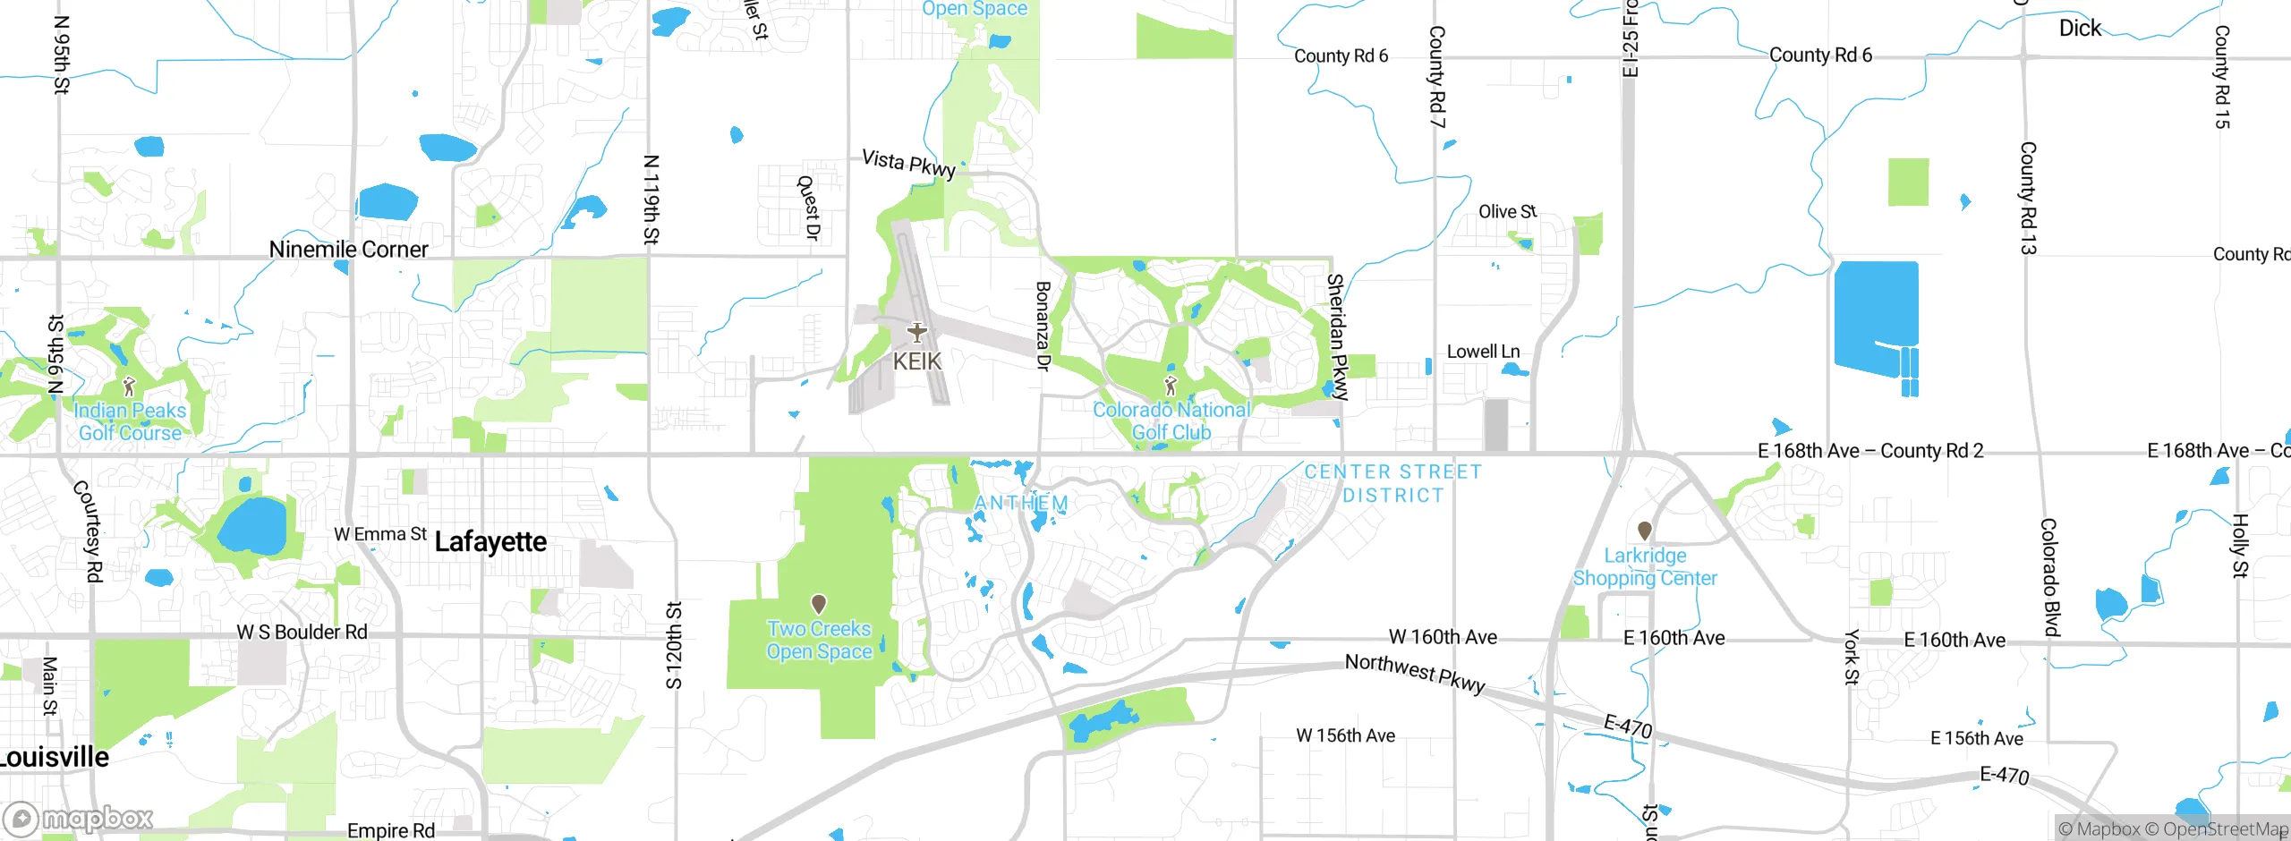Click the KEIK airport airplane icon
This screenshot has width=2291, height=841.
click(x=916, y=333)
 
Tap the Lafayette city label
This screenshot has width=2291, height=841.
click(x=490, y=541)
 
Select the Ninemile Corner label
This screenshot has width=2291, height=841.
click(x=348, y=250)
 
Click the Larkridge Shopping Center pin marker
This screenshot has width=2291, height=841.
click(x=1644, y=531)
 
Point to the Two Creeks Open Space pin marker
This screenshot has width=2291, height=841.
click(x=818, y=604)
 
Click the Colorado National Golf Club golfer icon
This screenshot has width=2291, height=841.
click(x=1170, y=386)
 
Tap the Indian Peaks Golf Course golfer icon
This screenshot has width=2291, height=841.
click(x=129, y=387)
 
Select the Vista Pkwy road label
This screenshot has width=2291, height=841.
click(x=908, y=163)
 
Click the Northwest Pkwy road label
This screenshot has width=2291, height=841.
click(x=1415, y=673)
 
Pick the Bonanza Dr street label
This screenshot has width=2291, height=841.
click(x=1043, y=326)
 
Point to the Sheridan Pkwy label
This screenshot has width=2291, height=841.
click(x=1337, y=336)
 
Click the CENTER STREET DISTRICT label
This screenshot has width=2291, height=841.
click(x=1392, y=483)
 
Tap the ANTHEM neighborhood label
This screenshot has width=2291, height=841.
click(x=1021, y=503)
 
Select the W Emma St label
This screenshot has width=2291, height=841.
click(x=380, y=534)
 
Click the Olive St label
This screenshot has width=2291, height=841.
click(x=1507, y=211)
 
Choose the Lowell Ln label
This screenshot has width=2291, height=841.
click(x=1483, y=352)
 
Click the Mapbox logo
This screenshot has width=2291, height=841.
click(x=79, y=818)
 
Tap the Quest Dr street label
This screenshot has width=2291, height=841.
click(x=809, y=208)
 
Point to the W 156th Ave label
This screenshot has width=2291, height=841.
click(x=1345, y=735)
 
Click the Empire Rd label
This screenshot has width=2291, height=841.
click(x=391, y=830)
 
